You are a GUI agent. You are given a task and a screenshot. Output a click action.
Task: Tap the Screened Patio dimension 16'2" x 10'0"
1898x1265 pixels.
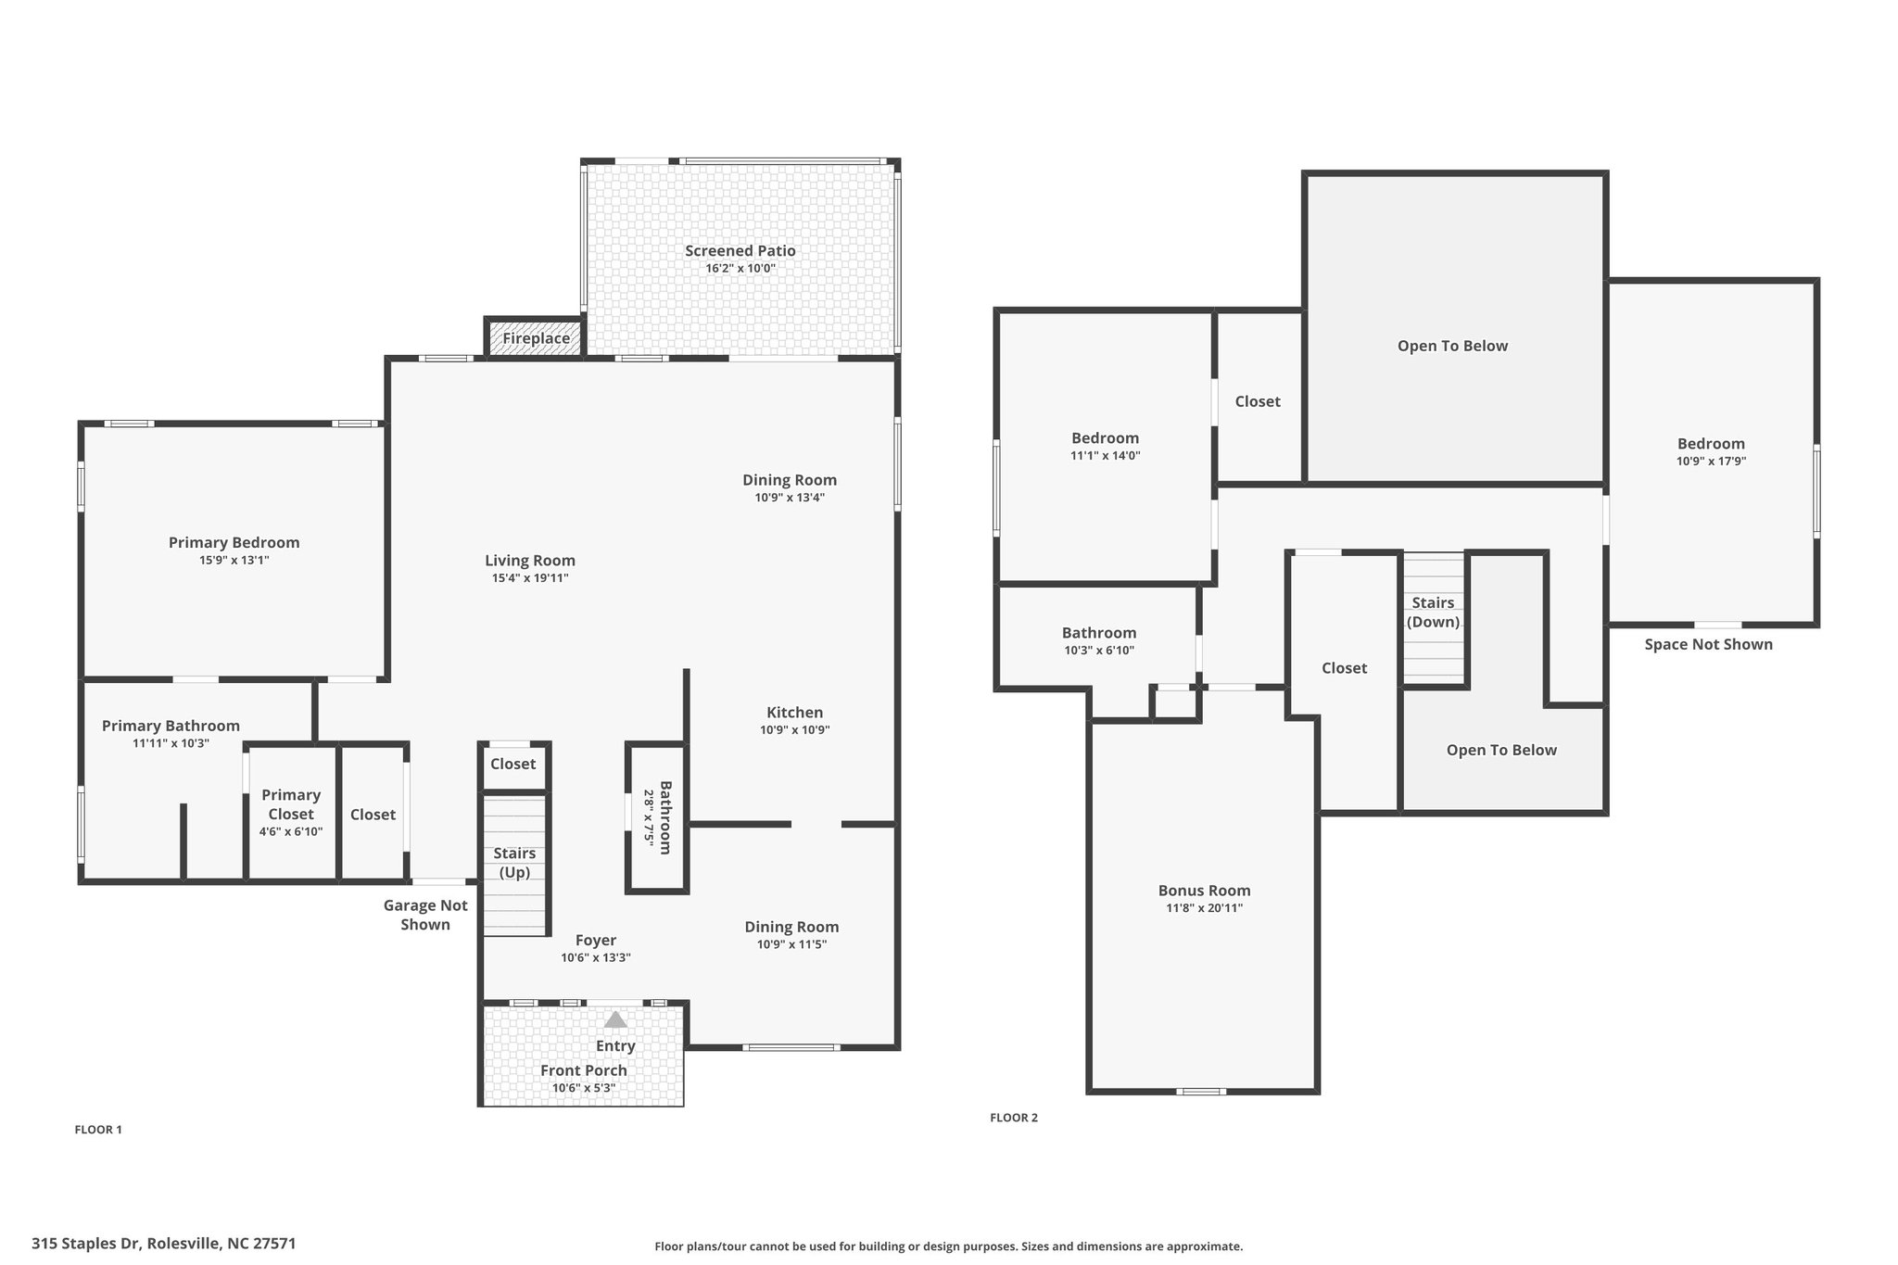740,269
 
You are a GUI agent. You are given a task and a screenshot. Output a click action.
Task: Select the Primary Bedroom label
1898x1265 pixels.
234,543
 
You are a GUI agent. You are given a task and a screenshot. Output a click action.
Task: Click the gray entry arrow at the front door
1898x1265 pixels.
615,1019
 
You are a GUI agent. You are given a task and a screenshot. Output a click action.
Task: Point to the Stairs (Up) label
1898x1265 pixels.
514,863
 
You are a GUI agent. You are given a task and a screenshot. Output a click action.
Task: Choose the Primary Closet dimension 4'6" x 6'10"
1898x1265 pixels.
291,832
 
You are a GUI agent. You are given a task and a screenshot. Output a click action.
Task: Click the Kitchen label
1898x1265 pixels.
795,713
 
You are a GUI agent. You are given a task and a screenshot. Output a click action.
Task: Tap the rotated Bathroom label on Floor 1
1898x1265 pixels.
665,818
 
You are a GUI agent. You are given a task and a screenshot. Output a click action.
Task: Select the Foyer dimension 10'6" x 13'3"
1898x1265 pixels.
596,958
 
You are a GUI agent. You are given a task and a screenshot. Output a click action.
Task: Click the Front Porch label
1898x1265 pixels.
584,1070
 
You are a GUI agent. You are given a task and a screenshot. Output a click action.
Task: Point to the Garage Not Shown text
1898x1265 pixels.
425,915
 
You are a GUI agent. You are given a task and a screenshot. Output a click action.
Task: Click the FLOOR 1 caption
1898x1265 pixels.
98,1130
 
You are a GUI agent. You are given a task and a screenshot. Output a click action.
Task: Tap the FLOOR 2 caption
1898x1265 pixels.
1014,1118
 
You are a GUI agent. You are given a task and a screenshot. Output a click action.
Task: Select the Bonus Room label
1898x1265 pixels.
1205,891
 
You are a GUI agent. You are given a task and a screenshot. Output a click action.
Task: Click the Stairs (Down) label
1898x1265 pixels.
1434,613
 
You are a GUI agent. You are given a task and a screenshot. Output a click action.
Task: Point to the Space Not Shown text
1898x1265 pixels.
1709,644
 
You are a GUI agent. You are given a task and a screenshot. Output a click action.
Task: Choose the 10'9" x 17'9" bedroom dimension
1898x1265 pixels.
1712,462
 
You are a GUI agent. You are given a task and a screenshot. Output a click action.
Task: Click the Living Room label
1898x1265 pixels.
530,561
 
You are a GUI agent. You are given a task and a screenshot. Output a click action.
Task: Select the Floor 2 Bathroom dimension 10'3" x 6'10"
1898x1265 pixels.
1099,651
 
